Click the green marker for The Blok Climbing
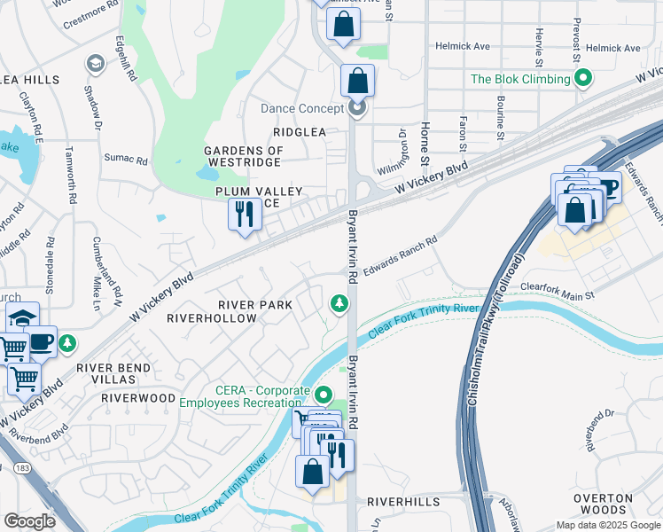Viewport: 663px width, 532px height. pos(582,80)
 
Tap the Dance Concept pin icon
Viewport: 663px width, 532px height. pos(357,109)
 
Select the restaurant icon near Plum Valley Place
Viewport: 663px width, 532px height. pos(244,214)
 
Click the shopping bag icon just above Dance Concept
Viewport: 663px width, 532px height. pos(356,81)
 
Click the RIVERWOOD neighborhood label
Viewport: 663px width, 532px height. pos(138,398)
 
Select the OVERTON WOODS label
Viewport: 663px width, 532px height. pos(603,505)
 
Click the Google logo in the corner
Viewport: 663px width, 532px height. pos(29,521)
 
